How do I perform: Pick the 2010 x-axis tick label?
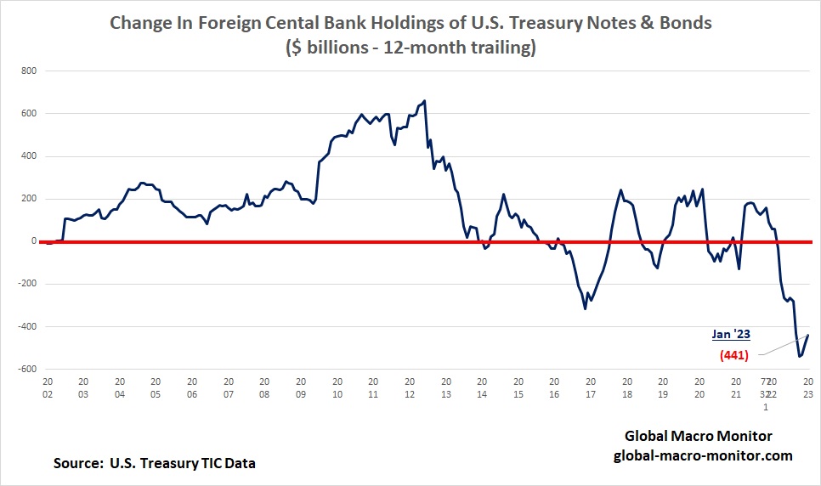[x=337, y=388]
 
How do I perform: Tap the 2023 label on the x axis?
[x=807, y=388]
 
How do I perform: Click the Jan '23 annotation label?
[x=729, y=334]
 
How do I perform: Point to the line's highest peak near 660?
[x=424, y=100]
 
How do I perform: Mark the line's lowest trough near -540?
[x=799, y=356]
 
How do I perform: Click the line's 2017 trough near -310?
[x=585, y=308]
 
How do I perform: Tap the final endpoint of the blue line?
[x=808, y=335]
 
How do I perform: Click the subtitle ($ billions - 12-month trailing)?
[x=410, y=48]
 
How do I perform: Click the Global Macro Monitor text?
[x=699, y=436]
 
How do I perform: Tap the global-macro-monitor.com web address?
[x=703, y=455]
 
